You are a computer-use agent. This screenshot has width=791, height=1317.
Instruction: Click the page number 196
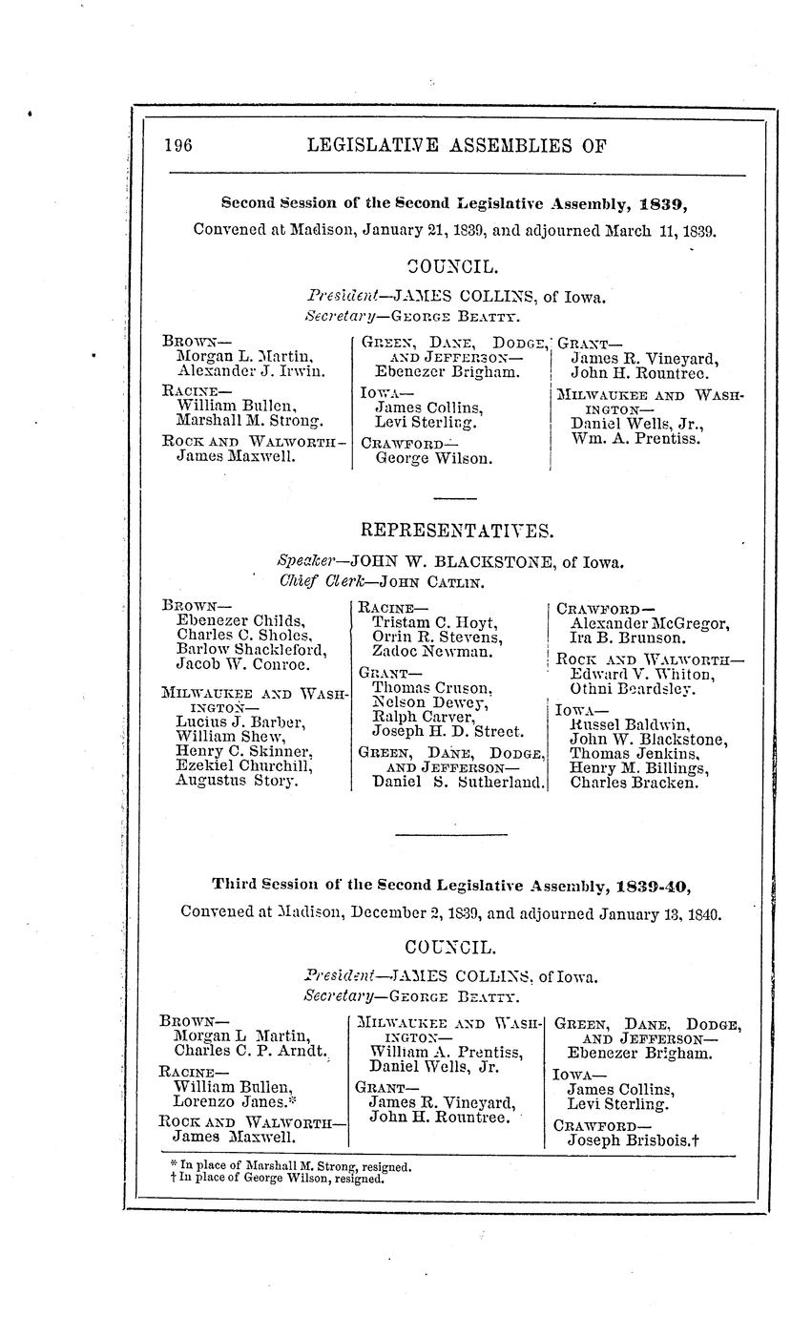pyautogui.click(x=178, y=145)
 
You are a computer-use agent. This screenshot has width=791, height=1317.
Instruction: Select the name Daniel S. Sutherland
pyautogui.click(x=459, y=783)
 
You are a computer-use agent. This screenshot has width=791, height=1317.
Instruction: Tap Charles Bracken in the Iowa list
pyautogui.click(x=634, y=783)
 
